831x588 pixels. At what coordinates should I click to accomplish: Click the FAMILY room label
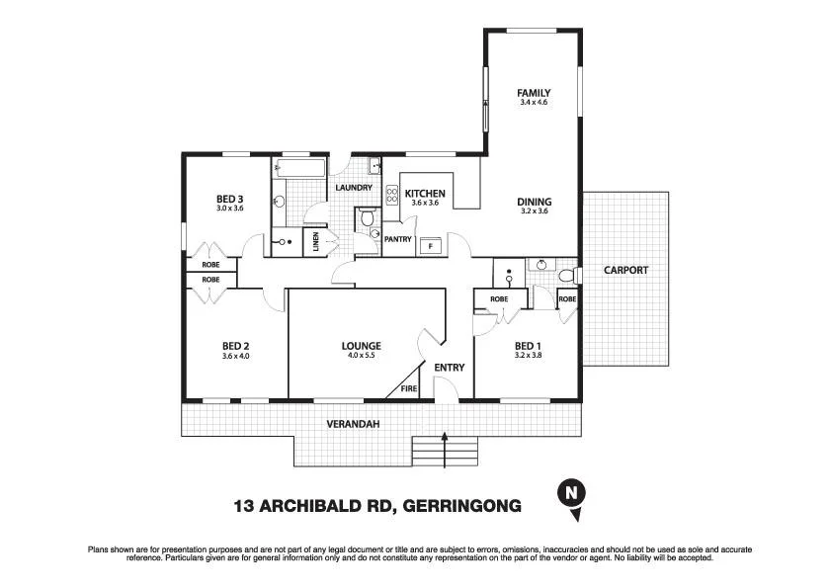pos(534,93)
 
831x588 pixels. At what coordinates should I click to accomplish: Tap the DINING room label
pos(534,202)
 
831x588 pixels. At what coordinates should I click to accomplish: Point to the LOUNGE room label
pos(361,345)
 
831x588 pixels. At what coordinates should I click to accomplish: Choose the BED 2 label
pos(235,345)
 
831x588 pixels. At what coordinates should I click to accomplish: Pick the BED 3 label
pos(229,199)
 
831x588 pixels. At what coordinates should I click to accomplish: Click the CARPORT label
pos(626,270)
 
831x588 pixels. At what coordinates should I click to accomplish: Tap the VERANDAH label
pos(352,424)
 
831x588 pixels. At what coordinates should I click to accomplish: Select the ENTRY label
pos(450,368)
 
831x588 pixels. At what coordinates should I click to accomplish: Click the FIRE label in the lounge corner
pos(408,389)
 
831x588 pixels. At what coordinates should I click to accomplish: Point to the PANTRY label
pos(398,239)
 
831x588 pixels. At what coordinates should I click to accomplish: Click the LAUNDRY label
pos(353,188)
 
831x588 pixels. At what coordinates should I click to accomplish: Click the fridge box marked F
pos(430,245)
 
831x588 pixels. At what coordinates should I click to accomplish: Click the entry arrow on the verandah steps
pos(445,450)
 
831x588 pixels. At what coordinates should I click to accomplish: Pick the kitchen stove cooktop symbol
pos(391,195)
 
